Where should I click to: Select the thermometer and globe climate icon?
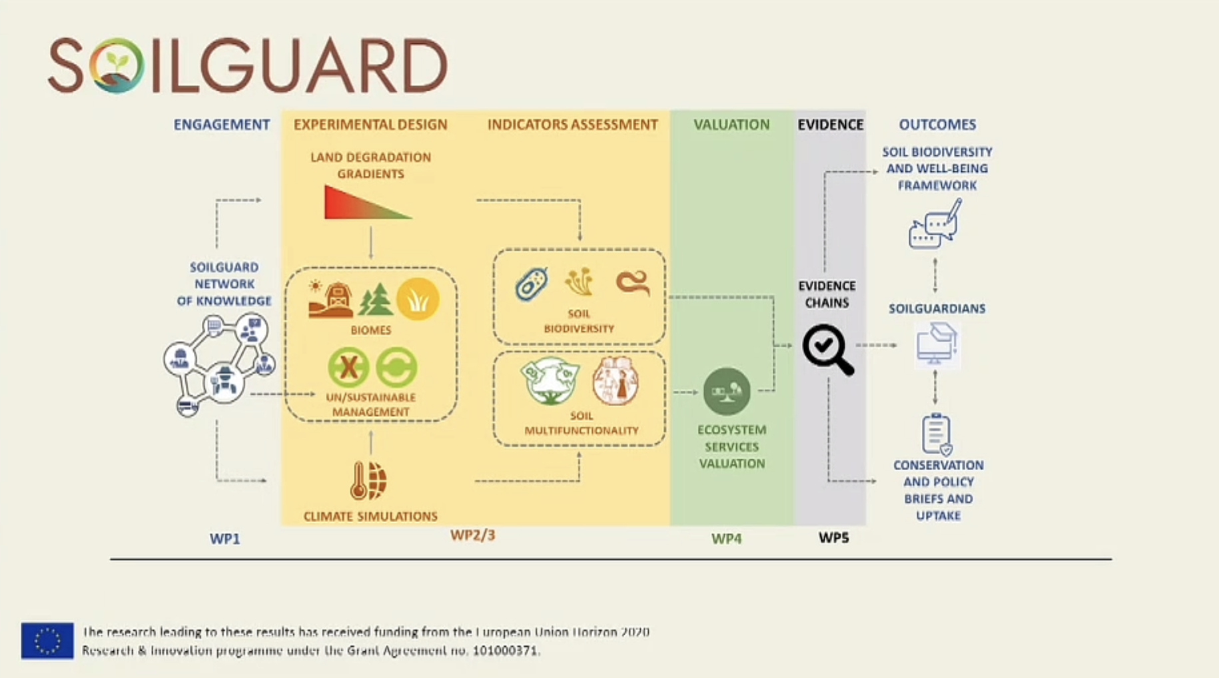[368, 480]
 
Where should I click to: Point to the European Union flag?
[47, 641]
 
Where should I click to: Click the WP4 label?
[726, 538]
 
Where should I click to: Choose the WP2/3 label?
[472, 535]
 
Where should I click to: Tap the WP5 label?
[833, 537]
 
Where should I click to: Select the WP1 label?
[224, 538]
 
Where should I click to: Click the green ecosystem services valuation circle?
[727, 392]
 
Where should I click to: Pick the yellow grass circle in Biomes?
[418, 299]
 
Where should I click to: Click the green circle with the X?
[348, 367]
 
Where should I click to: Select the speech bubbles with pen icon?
[935, 224]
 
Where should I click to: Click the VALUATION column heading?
[731, 125]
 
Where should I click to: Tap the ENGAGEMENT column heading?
[222, 125]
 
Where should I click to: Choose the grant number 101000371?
[505, 650]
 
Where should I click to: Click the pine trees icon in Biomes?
[375, 300]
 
